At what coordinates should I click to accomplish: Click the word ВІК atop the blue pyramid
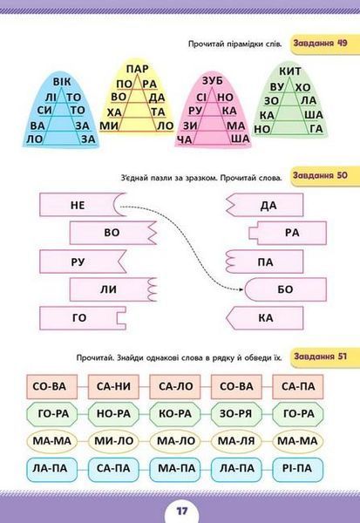[62, 82]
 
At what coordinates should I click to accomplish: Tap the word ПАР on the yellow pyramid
[138, 69]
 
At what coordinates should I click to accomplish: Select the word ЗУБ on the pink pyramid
[213, 81]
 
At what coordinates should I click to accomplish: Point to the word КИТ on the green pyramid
[290, 71]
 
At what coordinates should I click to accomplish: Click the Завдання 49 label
[320, 43]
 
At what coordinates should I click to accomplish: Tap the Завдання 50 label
[320, 175]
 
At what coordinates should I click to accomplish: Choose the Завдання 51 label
[320, 357]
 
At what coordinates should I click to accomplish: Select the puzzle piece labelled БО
[286, 289]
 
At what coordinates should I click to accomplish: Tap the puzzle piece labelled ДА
[265, 205]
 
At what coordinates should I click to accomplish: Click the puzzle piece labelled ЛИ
[112, 289]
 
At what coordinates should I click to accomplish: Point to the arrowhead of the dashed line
[243, 289]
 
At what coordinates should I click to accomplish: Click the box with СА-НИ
[113, 386]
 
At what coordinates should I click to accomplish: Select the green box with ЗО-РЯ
[236, 414]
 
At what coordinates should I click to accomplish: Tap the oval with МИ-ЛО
[113, 441]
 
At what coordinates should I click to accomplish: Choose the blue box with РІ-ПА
[297, 469]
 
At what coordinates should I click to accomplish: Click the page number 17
[182, 511]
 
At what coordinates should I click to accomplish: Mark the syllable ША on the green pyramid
[314, 114]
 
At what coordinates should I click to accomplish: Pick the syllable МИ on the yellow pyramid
[109, 126]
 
